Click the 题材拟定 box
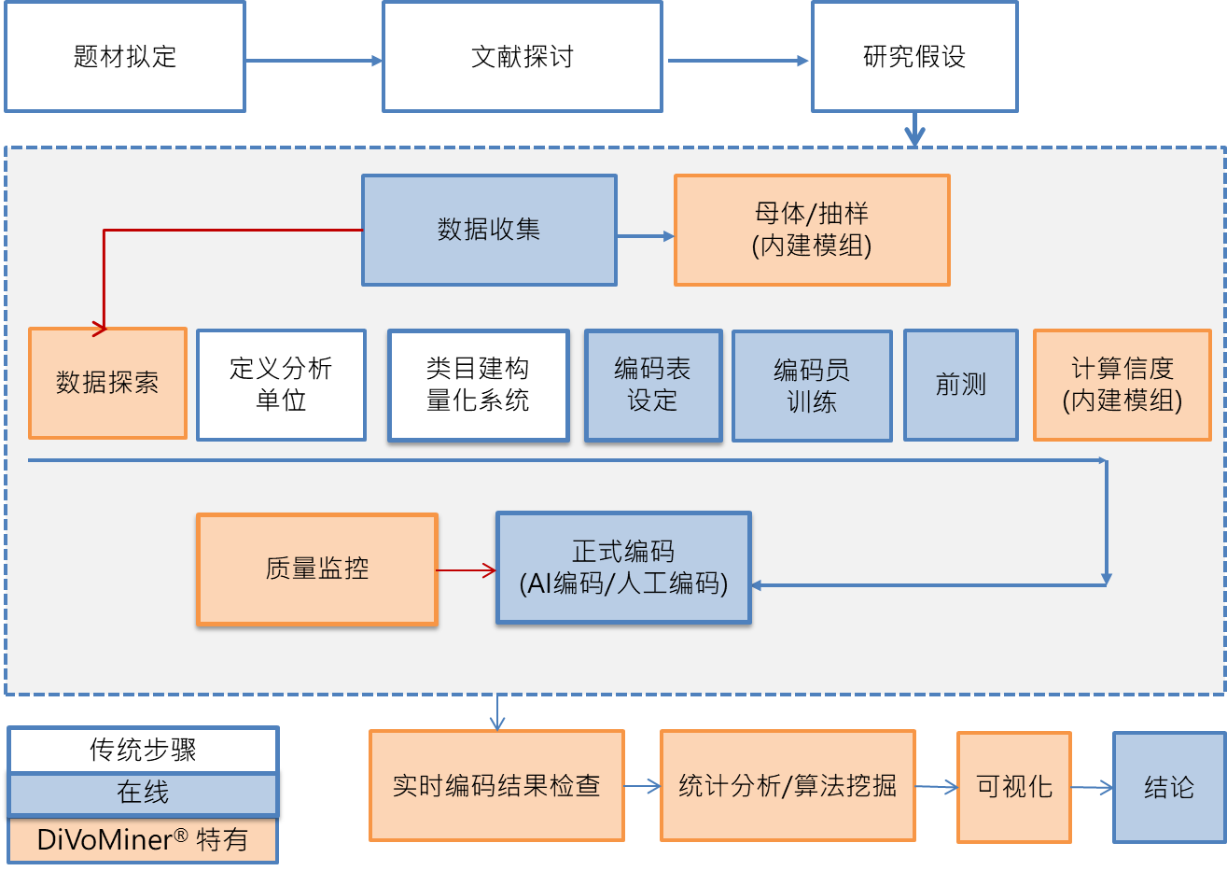coord(125,57)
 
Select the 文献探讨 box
coord(522,57)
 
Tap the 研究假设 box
coord(914,57)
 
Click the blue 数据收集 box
coord(489,230)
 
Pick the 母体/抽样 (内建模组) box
coord(812,230)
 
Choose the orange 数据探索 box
coord(107,383)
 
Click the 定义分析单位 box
coord(281,385)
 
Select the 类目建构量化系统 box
coord(478,385)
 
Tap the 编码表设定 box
coord(653,385)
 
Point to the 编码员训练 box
coord(812,386)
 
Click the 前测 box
coord(960,385)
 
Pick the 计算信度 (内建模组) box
coord(1122,385)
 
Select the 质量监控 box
coord(317,569)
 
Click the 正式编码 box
coord(623,568)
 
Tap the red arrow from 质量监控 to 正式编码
coord(467,569)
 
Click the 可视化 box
coord(1014,787)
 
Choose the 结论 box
coord(1169,787)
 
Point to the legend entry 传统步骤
coord(143,750)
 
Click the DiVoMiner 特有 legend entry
coord(143,839)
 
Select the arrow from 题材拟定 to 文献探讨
coord(314,62)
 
